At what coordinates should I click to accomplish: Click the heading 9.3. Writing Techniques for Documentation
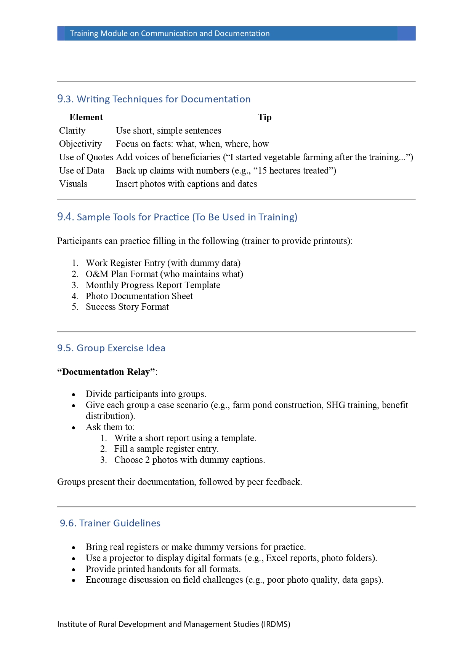point(154,99)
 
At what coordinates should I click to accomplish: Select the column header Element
point(86,117)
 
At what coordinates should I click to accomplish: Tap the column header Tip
point(265,117)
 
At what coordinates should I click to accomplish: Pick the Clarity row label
point(72,131)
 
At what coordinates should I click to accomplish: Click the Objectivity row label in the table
point(80,144)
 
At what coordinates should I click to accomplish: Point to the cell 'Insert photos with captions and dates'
point(186,184)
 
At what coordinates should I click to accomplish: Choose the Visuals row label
point(73,184)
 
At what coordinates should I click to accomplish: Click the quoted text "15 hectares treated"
point(293,171)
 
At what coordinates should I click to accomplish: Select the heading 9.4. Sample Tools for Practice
point(177,217)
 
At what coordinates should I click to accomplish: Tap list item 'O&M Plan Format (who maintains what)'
point(164,274)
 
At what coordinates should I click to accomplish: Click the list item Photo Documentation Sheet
point(139,296)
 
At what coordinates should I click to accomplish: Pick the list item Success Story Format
point(127,307)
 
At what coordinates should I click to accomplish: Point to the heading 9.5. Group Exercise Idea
point(111,348)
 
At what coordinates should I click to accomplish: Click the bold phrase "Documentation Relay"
point(107,372)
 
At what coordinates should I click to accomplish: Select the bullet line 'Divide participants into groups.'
point(146,394)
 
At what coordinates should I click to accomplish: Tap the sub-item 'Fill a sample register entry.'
point(166,449)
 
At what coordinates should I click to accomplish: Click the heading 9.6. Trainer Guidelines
point(110,523)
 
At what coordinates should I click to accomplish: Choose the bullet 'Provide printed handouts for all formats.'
point(163,569)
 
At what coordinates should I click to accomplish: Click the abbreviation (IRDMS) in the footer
point(276,624)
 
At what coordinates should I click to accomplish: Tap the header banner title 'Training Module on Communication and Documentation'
point(170,33)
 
